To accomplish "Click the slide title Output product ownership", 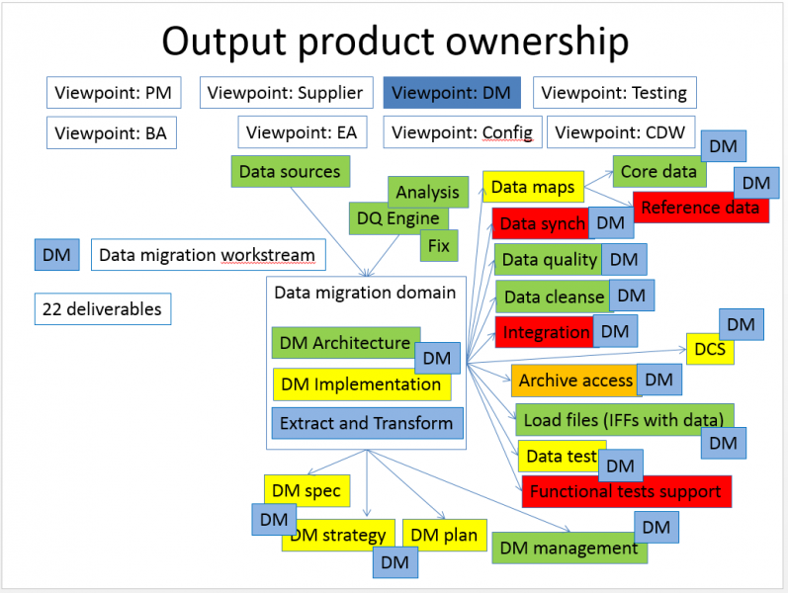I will click(x=394, y=42).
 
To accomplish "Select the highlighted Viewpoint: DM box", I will click(x=451, y=93).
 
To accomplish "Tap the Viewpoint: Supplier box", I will click(x=287, y=93).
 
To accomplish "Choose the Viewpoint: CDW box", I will click(x=621, y=132).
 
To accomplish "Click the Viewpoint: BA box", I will click(x=111, y=132).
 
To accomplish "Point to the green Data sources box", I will click(x=290, y=171).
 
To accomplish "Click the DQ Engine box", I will click(x=398, y=218).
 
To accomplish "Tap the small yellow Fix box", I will click(x=438, y=244).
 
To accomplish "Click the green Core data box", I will click(x=657, y=171).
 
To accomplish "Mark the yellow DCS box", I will click(x=708, y=349).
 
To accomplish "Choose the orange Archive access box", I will click(x=574, y=381).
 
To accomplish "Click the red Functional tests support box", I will click(x=626, y=491).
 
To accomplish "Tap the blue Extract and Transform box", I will click(x=366, y=423).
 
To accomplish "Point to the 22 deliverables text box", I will click(x=102, y=308).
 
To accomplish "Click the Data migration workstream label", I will click(x=207, y=255).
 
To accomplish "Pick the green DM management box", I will click(x=569, y=548).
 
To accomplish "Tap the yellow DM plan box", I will click(x=443, y=536).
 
